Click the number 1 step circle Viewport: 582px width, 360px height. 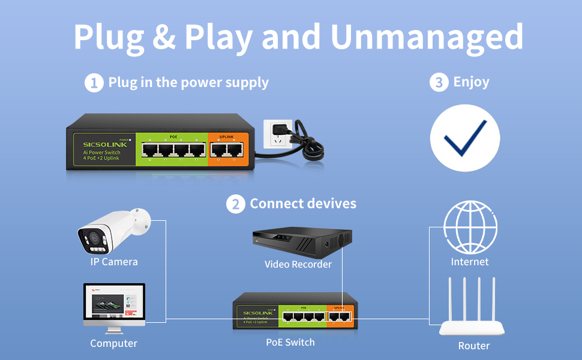coord(94,83)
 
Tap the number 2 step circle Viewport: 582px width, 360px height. coord(235,204)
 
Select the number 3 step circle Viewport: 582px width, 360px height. coord(439,83)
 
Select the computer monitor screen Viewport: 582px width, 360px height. coord(114,304)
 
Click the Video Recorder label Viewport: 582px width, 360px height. coord(298,264)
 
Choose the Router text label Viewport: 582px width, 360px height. coord(473,346)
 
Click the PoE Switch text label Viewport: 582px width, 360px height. coord(290,342)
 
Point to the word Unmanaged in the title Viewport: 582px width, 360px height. coord(427,37)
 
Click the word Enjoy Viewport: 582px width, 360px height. coord(471,82)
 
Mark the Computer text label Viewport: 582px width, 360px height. coord(113,344)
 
